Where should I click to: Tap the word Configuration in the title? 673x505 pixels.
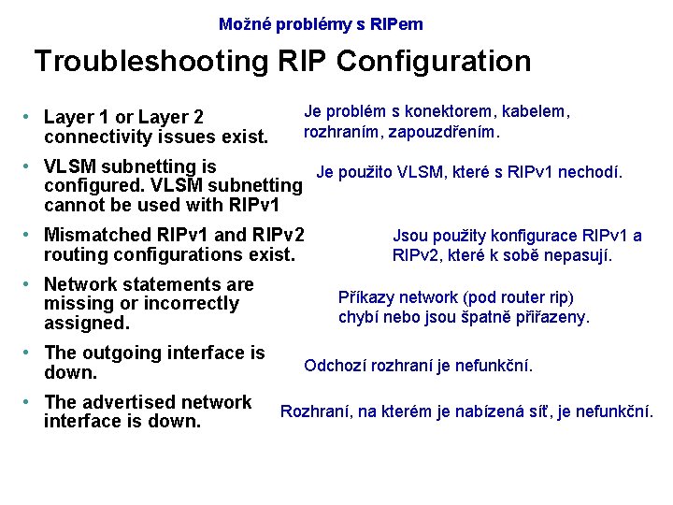point(434,62)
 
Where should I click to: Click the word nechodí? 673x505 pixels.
point(591,172)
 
